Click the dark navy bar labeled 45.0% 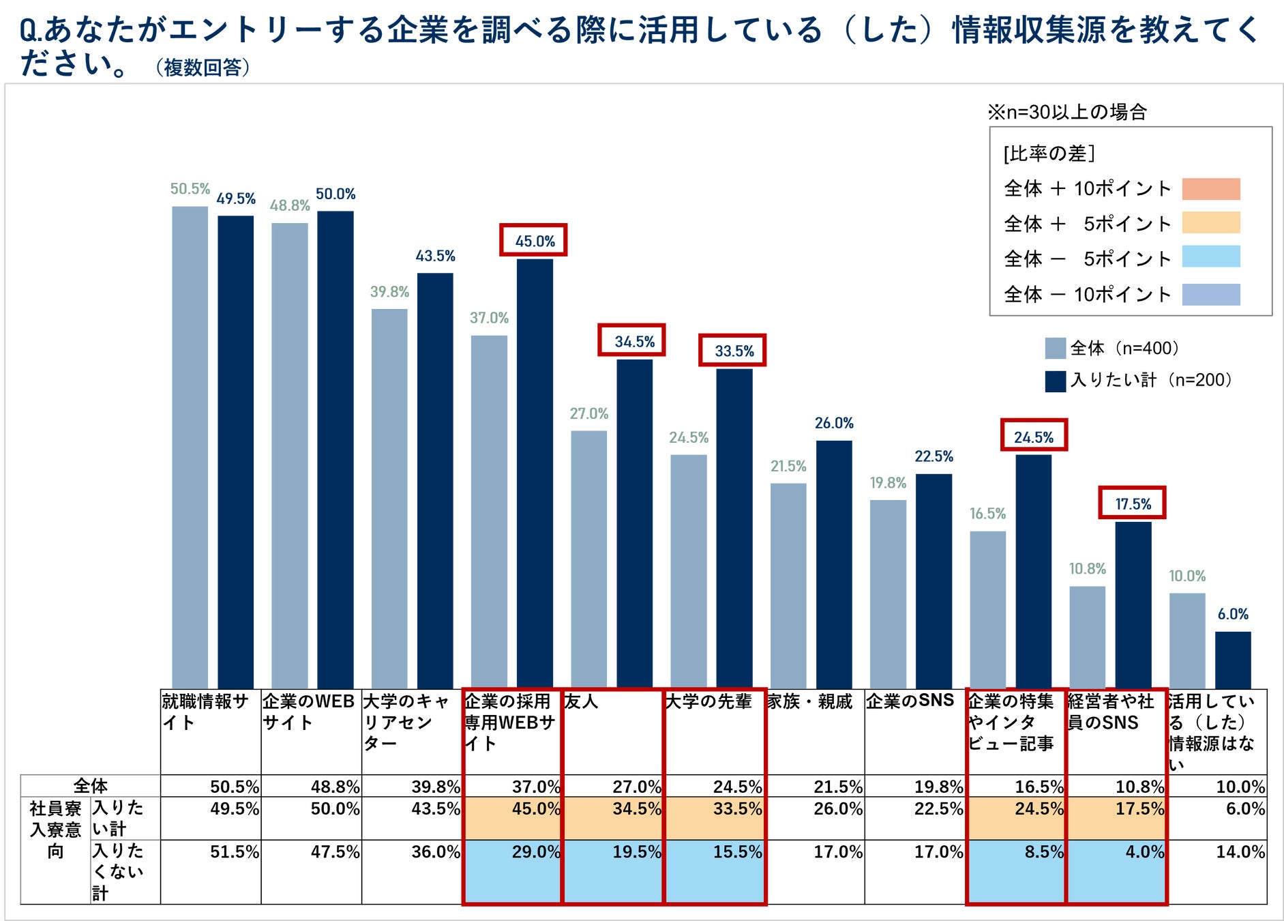535,473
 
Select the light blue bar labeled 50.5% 190,447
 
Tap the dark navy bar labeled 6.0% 1232,660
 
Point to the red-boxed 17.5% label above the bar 1132,503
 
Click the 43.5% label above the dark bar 435,256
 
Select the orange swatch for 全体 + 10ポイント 1210,188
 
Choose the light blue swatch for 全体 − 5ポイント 1210,257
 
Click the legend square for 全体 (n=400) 1055,348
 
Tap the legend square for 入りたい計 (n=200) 1055,381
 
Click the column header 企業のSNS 910,701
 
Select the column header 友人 582,701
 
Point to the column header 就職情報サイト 205,712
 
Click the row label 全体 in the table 91,786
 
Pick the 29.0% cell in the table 535,852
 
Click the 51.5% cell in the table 234,852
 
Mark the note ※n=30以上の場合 1068,112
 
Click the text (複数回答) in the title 203,68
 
